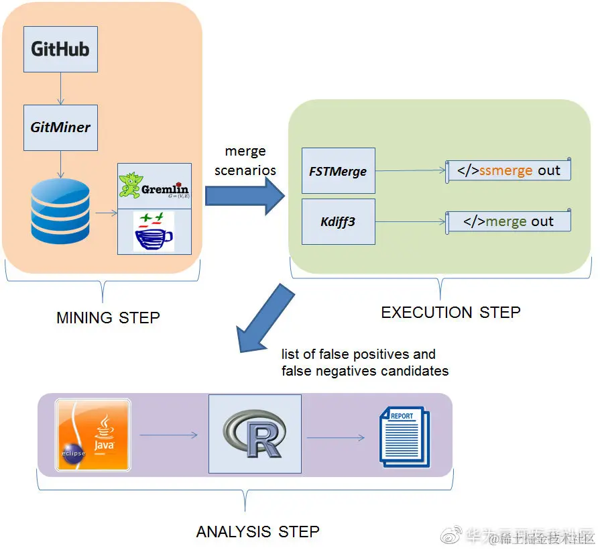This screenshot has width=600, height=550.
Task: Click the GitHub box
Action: coord(60,49)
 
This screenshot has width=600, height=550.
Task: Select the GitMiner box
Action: coord(60,127)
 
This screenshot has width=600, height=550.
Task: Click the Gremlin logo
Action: coord(154,186)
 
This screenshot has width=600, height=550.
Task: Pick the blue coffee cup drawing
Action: coord(153,231)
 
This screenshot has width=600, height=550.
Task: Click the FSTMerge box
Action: coord(338,171)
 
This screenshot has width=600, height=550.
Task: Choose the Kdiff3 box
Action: coord(338,221)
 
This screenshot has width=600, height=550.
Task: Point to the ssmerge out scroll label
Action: coord(509,170)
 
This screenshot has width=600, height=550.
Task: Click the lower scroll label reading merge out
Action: coord(509,221)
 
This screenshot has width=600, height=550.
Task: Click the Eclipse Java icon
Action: coord(93,435)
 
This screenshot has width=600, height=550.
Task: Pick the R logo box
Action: coord(255,434)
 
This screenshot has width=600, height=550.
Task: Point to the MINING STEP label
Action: coord(108,317)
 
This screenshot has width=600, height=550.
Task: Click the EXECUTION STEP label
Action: coord(451,312)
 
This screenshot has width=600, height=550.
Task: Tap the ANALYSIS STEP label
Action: coord(257,532)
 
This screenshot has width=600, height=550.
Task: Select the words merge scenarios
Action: coord(245,161)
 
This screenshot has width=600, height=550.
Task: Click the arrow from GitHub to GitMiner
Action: coord(60,88)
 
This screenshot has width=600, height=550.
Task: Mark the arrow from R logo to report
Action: coord(336,438)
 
